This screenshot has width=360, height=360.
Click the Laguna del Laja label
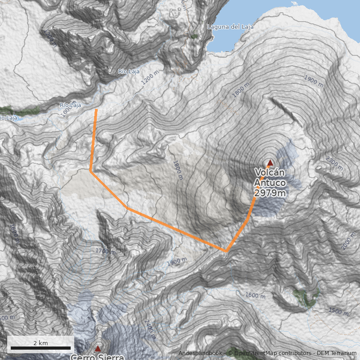pyautogui.click(x=230, y=27)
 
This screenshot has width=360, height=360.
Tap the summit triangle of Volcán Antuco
pyautogui.click(x=270, y=162)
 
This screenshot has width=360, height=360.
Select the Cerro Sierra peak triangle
pyautogui.click(x=98, y=348)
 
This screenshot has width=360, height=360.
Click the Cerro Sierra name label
pyautogui.click(x=97, y=357)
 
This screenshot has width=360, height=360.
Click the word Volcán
pyautogui.click(x=270, y=173)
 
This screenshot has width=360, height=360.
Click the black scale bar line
pyautogui.click(x=40, y=348)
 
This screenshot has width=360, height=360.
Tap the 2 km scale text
pyautogui.click(x=40, y=343)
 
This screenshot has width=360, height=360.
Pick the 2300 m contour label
pyautogui.click(x=334, y=162)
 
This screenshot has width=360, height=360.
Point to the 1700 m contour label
pyautogui.click(x=105, y=251)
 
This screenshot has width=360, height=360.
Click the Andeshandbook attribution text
pyautogui.click(x=200, y=353)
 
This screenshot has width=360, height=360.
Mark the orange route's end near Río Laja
pyautogui.click(x=96, y=109)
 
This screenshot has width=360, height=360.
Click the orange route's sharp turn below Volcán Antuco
pyautogui.click(x=226, y=251)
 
